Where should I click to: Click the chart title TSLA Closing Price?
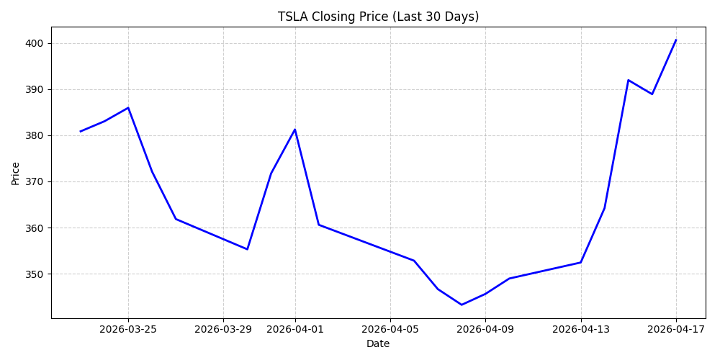(378, 17)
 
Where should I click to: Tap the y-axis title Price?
(16, 173)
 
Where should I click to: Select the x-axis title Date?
(378, 344)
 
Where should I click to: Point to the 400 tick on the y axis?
(35, 43)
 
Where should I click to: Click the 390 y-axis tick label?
(35, 89)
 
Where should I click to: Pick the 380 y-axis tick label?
(35, 135)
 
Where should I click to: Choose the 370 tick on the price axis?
(35, 181)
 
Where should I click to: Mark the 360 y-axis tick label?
(35, 228)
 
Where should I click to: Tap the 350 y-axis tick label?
(35, 274)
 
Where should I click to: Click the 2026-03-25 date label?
(128, 329)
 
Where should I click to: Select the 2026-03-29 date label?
(223, 329)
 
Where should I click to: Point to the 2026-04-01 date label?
(294, 329)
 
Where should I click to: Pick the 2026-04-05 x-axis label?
(390, 329)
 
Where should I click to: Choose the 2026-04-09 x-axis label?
(485, 329)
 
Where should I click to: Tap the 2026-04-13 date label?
(580, 329)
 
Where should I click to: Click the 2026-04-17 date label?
(676, 329)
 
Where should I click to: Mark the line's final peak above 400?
(676, 40)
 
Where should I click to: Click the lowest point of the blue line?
(462, 305)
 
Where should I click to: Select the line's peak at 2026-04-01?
(294, 130)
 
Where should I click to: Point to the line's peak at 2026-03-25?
(128, 108)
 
